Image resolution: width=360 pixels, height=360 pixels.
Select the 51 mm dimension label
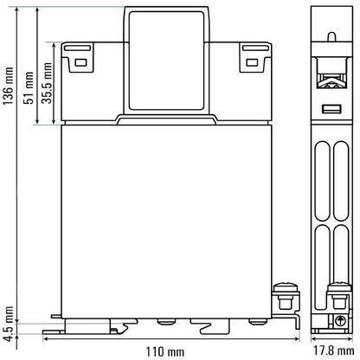[x=29, y=87]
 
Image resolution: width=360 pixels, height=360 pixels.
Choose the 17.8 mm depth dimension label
[x=333, y=351]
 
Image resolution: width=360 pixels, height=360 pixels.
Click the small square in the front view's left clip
[x=81, y=61]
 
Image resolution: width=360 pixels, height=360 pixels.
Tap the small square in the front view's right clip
[x=251, y=61]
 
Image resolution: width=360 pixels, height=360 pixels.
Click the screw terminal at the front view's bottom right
[x=280, y=299]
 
